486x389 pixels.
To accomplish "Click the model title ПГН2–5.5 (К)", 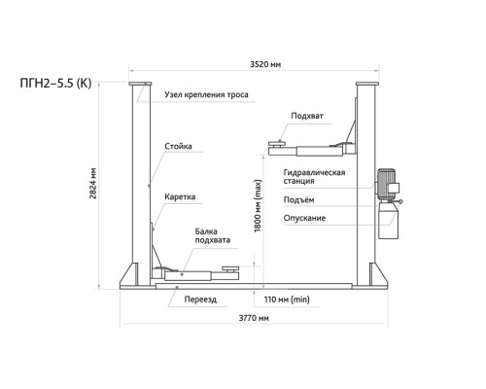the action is [x=55, y=84].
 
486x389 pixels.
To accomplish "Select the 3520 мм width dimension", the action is [x=265, y=64].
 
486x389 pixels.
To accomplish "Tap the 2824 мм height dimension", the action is [x=93, y=183].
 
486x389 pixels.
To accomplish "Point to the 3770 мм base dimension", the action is [x=254, y=318].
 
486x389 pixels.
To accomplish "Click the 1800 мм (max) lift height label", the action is [x=258, y=206].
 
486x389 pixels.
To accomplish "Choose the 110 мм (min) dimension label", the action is [x=287, y=300].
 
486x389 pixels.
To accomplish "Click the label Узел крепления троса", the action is [x=206, y=94].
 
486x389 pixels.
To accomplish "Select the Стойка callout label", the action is [x=178, y=146].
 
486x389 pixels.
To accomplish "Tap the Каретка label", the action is [x=180, y=196].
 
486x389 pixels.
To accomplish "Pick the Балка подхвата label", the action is [x=213, y=235].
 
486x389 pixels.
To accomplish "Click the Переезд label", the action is [x=200, y=300].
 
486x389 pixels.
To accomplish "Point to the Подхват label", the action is [x=307, y=116].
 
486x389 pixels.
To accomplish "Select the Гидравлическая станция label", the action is [x=314, y=177].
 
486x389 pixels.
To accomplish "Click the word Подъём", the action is [x=298, y=200].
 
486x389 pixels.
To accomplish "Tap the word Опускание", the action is [x=304, y=218].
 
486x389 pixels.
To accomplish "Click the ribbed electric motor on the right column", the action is [x=387, y=183].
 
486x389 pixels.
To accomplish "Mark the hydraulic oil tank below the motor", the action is [x=388, y=221].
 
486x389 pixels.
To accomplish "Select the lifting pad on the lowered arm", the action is [x=230, y=268].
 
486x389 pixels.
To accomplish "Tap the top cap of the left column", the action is [x=140, y=84].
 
